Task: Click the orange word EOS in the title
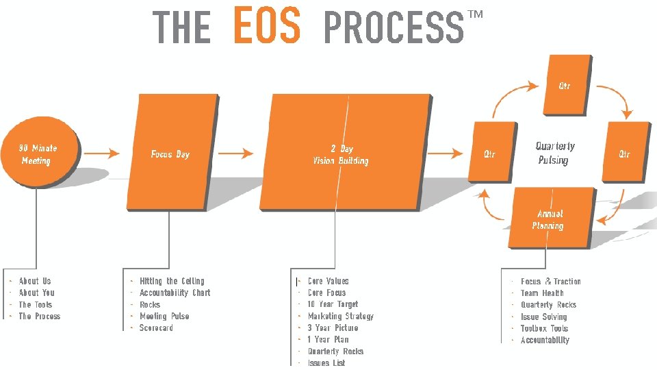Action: pos(266,25)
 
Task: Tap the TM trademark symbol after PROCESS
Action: pos(475,15)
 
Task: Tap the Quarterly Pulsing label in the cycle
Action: pos(554,153)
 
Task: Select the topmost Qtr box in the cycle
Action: pos(565,86)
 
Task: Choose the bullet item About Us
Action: pos(35,281)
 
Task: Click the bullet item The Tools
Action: pos(36,304)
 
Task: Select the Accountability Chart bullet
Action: pos(175,293)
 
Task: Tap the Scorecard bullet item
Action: pos(156,328)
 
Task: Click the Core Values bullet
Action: pos(328,281)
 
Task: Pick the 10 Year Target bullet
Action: pos(333,304)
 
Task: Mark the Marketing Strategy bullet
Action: pos(340,316)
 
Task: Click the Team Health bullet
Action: pos(542,293)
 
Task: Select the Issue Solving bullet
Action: pos(543,317)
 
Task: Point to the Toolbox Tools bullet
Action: pos(544,328)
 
